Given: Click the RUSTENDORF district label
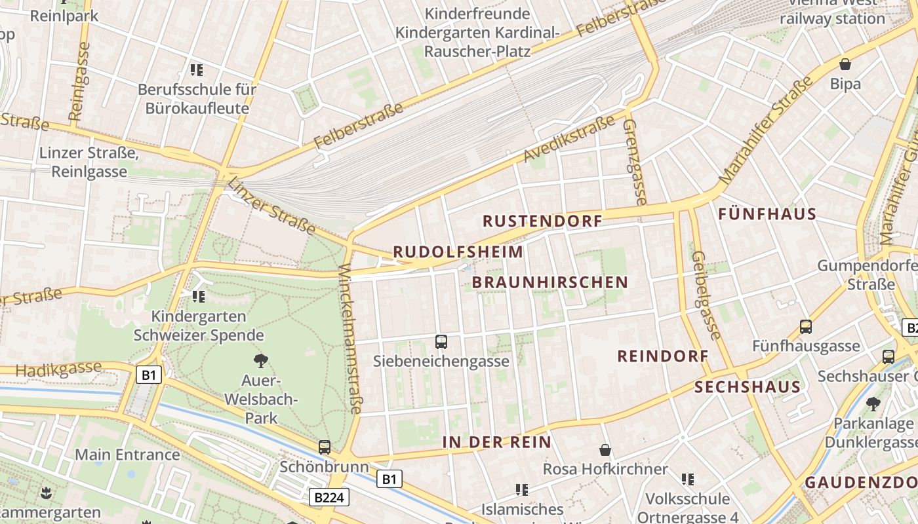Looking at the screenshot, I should (x=542, y=221).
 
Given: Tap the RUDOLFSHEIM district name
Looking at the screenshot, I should (x=458, y=252).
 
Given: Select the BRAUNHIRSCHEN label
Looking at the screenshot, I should (x=549, y=283).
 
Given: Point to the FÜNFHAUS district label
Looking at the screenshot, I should (x=767, y=214).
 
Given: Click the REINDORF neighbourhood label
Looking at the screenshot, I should (x=663, y=356).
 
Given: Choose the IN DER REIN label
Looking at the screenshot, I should (x=497, y=442).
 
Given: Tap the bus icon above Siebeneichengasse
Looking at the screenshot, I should (x=441, y=341).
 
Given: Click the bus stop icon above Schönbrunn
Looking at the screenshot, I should (x=325, y=447).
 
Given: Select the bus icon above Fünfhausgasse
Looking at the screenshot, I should (x=805, y=326).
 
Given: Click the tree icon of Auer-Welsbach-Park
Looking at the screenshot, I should (x=261, y=360).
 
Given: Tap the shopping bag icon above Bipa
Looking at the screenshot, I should (x=845, y=64).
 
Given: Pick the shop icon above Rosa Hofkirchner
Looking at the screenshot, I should (x=605, y=450).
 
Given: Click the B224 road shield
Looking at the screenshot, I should (x=329, y=498).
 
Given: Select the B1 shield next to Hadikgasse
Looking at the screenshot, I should (x=149, y=375).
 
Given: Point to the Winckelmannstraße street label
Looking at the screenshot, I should (x=350, y=339).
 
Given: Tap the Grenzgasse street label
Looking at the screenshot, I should (x=634, y=161).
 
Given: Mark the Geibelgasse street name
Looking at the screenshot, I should (x=707, y=295).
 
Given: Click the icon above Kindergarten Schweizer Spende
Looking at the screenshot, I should (x=199, y=297).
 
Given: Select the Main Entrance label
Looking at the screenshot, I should (x=127, y=455).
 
